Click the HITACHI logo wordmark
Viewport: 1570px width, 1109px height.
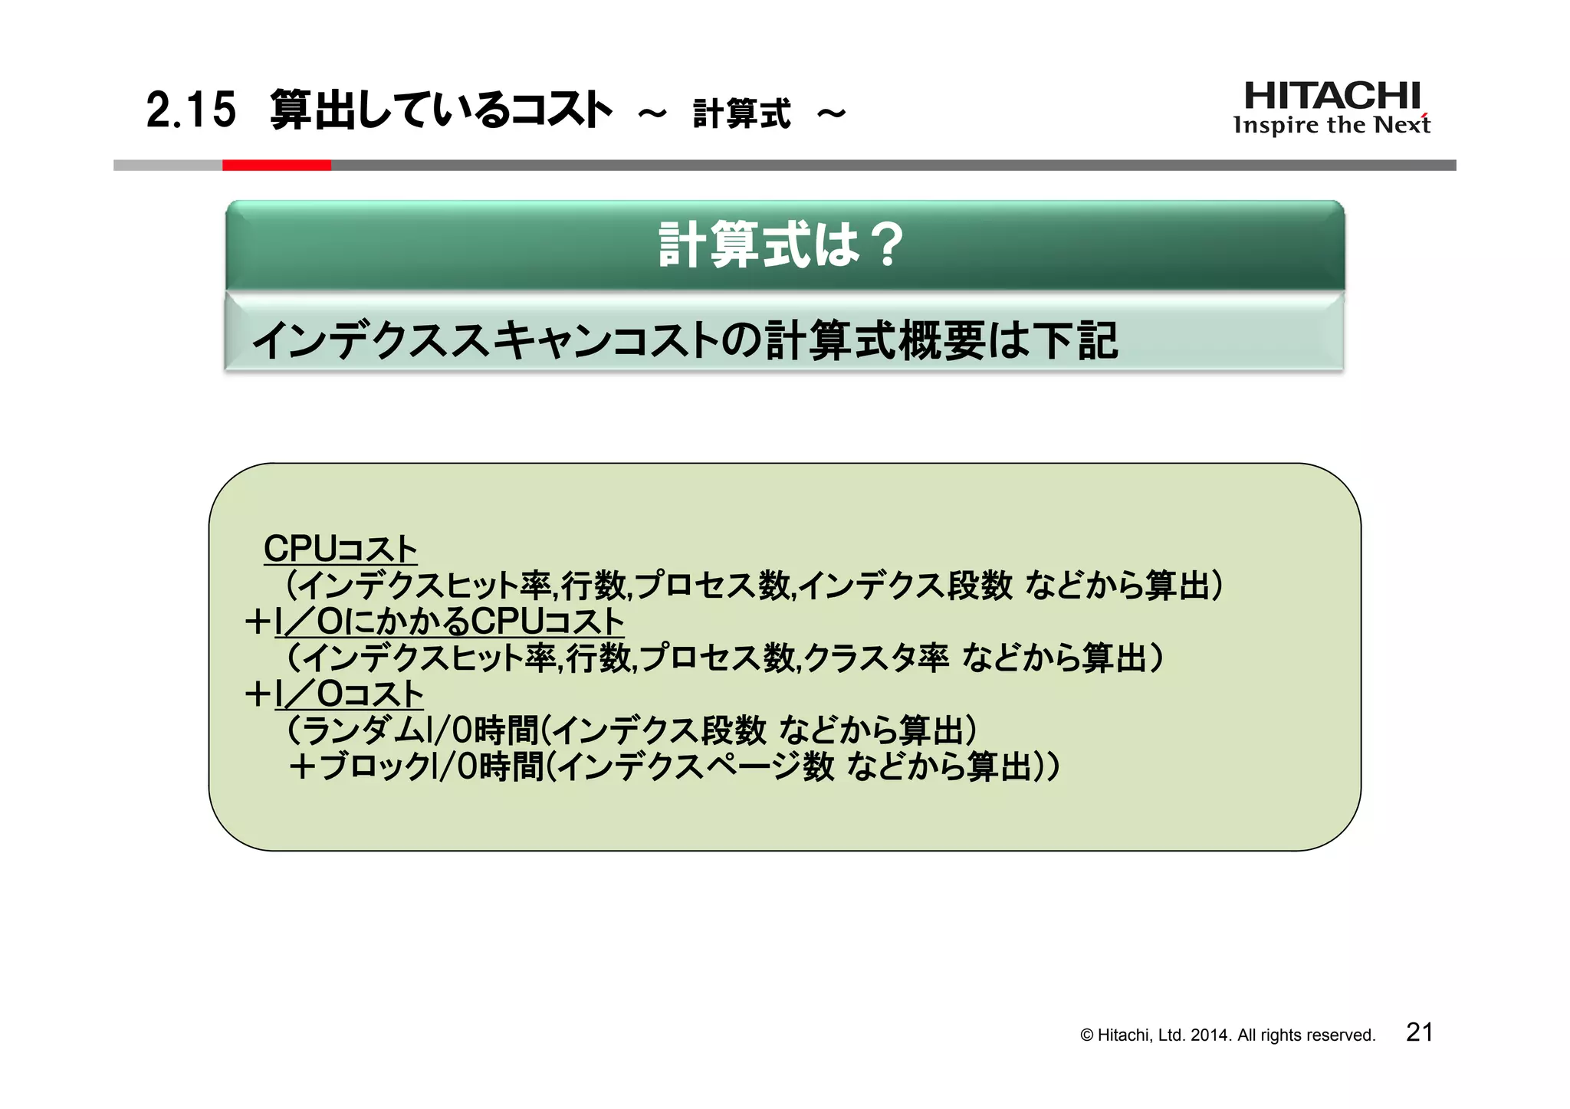point(1332,97)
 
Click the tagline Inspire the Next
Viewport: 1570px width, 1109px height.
point(1331,125)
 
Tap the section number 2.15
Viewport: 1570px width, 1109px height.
point(191,110)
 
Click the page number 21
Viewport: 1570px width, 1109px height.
point(1419,1032)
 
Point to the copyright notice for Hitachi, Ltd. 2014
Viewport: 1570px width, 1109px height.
point(1227,1035)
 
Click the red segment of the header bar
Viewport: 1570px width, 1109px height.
point(276,165)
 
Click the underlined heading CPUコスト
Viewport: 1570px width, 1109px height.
point(340,549)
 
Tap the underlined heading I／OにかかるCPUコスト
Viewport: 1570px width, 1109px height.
point(449,622)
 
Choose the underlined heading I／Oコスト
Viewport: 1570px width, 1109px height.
point(349,694)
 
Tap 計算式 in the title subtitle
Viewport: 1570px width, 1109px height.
point(741,114)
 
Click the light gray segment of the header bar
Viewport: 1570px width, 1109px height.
point(168,165)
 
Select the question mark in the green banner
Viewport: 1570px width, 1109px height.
point(888,245)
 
